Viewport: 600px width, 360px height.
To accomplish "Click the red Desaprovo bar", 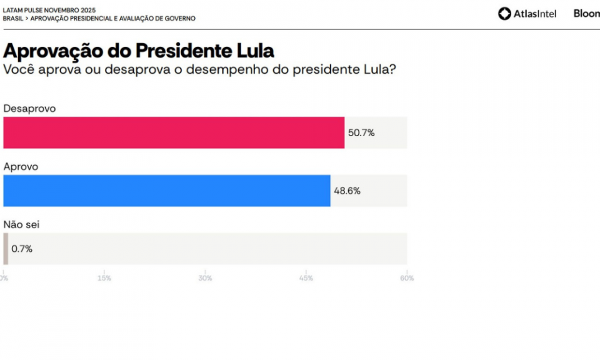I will click(174, 132).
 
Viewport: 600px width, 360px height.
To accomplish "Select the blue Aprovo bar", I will click(167, 191).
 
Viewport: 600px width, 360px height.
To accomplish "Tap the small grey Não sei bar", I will click(6, 249).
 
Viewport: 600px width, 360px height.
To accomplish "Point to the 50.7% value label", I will click(361, 132).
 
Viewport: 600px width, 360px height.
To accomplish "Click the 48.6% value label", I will click(347, 191).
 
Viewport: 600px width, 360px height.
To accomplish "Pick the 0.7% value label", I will click(22, 249).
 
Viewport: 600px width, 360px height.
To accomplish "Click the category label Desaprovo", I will click(29, 109).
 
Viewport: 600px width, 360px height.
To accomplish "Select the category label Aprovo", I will click(21, 167).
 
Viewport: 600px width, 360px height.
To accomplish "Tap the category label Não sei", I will click(22, 224).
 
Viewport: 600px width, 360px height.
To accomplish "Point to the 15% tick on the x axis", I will click(104, 278).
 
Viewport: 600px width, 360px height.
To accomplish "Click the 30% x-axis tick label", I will click(205, 278).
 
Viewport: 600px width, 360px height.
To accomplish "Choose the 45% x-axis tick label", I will click(306, 278).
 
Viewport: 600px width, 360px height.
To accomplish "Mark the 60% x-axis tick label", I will click(407, 278).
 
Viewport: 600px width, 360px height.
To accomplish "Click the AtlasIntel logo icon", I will click(504, 14).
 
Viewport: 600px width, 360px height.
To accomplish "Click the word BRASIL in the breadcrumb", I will click(13, 19).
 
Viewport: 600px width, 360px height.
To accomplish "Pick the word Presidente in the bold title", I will click(178, 50).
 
